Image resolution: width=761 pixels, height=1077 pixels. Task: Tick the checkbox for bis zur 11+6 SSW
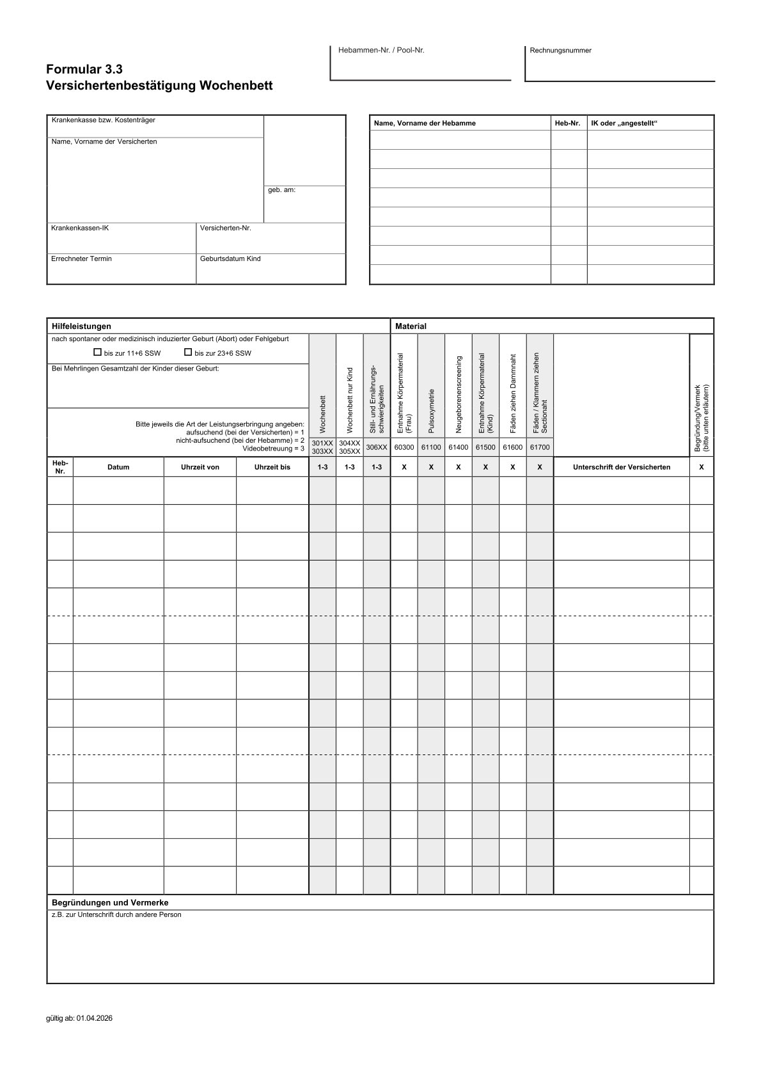[98, 352]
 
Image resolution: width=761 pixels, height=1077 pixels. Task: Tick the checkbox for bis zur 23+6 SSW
[188, 352]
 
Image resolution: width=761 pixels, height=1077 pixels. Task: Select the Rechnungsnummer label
[561, 51]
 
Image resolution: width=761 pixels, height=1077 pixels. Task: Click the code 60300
[404, 447]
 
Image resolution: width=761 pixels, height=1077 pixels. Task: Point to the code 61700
[540, 447]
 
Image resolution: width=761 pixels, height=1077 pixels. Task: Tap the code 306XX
[377, 447]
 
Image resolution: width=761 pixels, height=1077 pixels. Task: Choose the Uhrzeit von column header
[200, 467]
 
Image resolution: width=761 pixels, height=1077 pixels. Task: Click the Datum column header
[118, 467]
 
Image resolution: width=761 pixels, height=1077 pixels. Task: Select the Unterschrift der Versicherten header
[622, 467]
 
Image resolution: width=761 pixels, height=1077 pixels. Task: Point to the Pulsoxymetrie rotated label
[432, 409]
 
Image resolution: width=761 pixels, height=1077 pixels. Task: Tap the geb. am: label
[281, 190]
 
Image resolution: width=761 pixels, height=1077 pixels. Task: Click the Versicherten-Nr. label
[225, 228]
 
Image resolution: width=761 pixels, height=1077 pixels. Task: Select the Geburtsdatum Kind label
[230, 259]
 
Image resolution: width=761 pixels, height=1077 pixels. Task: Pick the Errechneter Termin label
[81, 259]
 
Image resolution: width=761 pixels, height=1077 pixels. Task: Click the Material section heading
[411, 326]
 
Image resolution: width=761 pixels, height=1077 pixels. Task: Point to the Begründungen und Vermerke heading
[110, 902]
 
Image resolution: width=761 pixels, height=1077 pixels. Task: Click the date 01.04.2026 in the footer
[95, 1019]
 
